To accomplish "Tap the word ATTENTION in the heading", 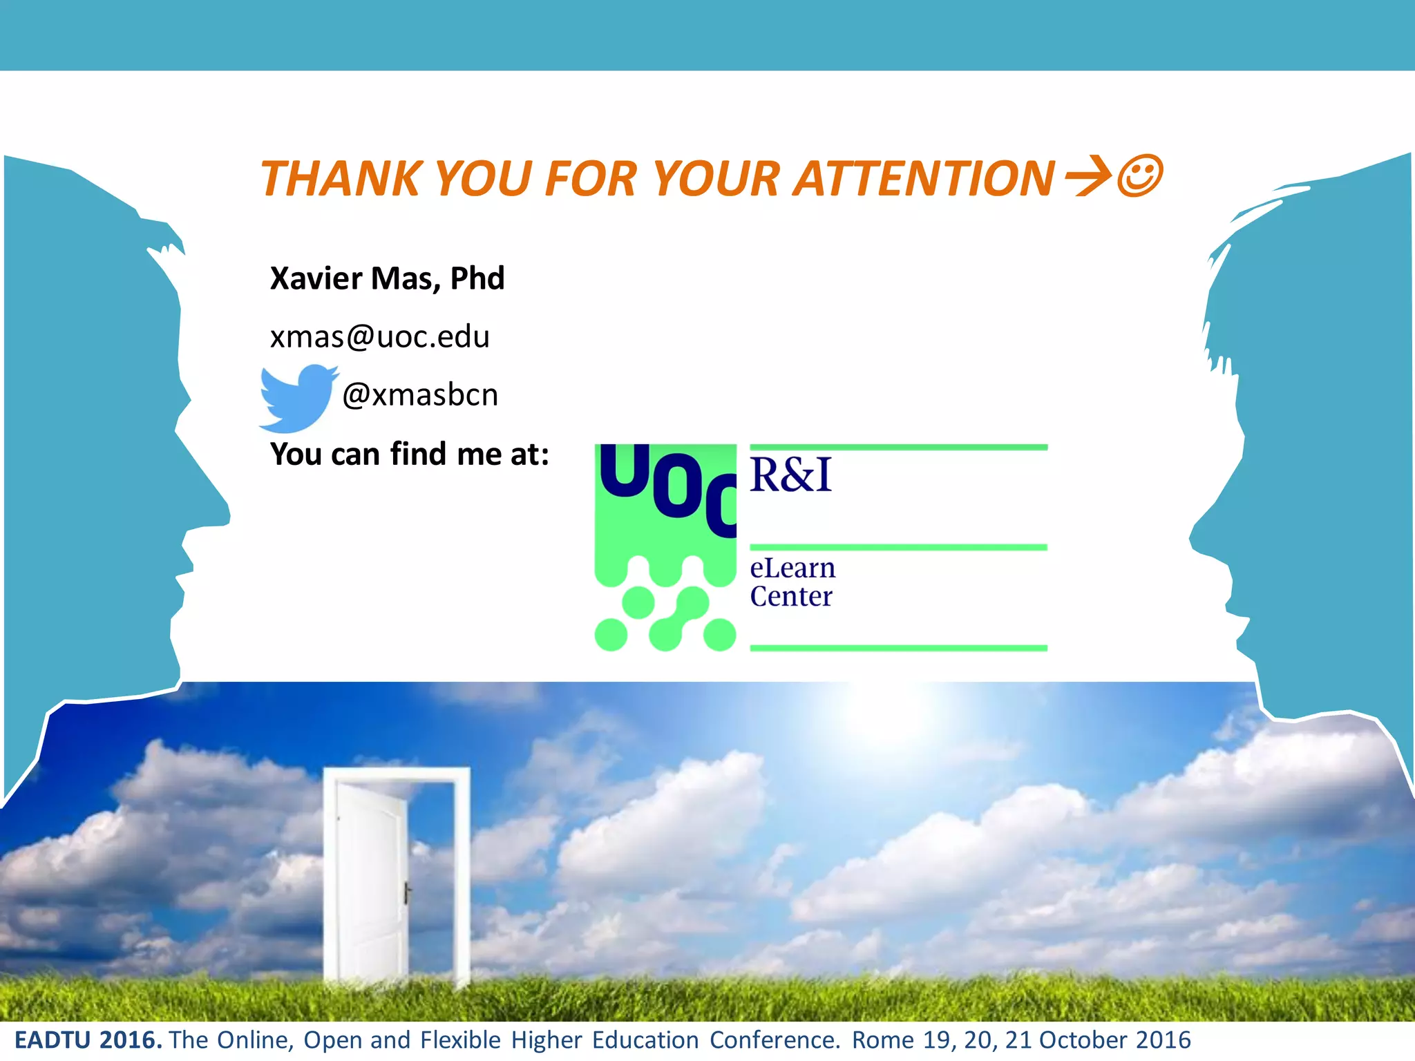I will pyautogui.click(x=923, y=178).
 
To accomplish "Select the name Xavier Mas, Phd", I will pyautogui.click(x=387, y=278).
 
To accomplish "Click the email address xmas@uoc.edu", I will pyautogui.click(x=379, y=337).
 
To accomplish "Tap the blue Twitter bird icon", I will pyautogui.click(x=297, y=397).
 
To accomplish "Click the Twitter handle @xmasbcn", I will pyautogui.click(x=420, y=395).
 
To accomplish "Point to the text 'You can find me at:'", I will pyautogui.click(x=410, y=455).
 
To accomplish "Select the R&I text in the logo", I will pyautogui.click(x=791, y=475).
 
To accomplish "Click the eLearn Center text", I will pyautogui.click(x=792, y=582).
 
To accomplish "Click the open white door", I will pyautogui.click(x=373, y=877).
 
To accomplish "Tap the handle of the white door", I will pyautogui.click(x=406, y=892).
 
